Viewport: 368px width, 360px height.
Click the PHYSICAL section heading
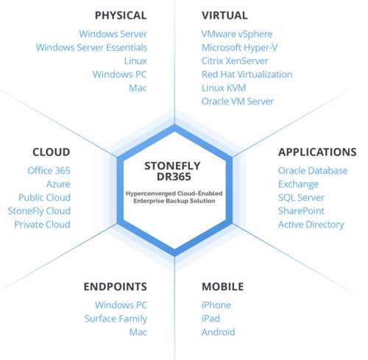(x=121, y=15)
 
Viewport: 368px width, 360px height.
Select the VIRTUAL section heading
(x=224, y=15)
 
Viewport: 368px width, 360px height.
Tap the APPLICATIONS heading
(x=317, y=152)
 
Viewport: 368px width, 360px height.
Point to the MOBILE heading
(x=222, y=286)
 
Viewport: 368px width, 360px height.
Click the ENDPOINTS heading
(x=116, y=286)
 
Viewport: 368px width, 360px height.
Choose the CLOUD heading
(x=52, y=152)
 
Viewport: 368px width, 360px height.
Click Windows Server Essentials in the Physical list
(x=91, y=47)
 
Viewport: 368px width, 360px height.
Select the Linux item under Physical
(x=135, y=61)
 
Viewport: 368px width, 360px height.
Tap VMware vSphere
(x=237, y=34)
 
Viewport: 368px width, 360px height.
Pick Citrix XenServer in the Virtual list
(x=235, y=61)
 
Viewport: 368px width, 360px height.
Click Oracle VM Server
(x=238, y=101)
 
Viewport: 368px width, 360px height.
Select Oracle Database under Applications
(x=313, y=171)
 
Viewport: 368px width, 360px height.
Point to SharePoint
(x=301, y=211)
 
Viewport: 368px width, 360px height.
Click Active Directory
(x=311, y=225)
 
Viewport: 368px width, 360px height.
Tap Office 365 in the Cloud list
(x=49, y=171)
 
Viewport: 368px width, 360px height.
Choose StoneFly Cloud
(x=39, y=211)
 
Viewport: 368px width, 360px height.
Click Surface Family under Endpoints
(x=116, y=319)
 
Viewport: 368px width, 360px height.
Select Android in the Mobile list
(x=219, y=332)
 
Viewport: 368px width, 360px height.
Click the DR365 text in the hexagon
(x=174, y=177)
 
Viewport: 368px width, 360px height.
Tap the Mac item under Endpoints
(x=138, y=332)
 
